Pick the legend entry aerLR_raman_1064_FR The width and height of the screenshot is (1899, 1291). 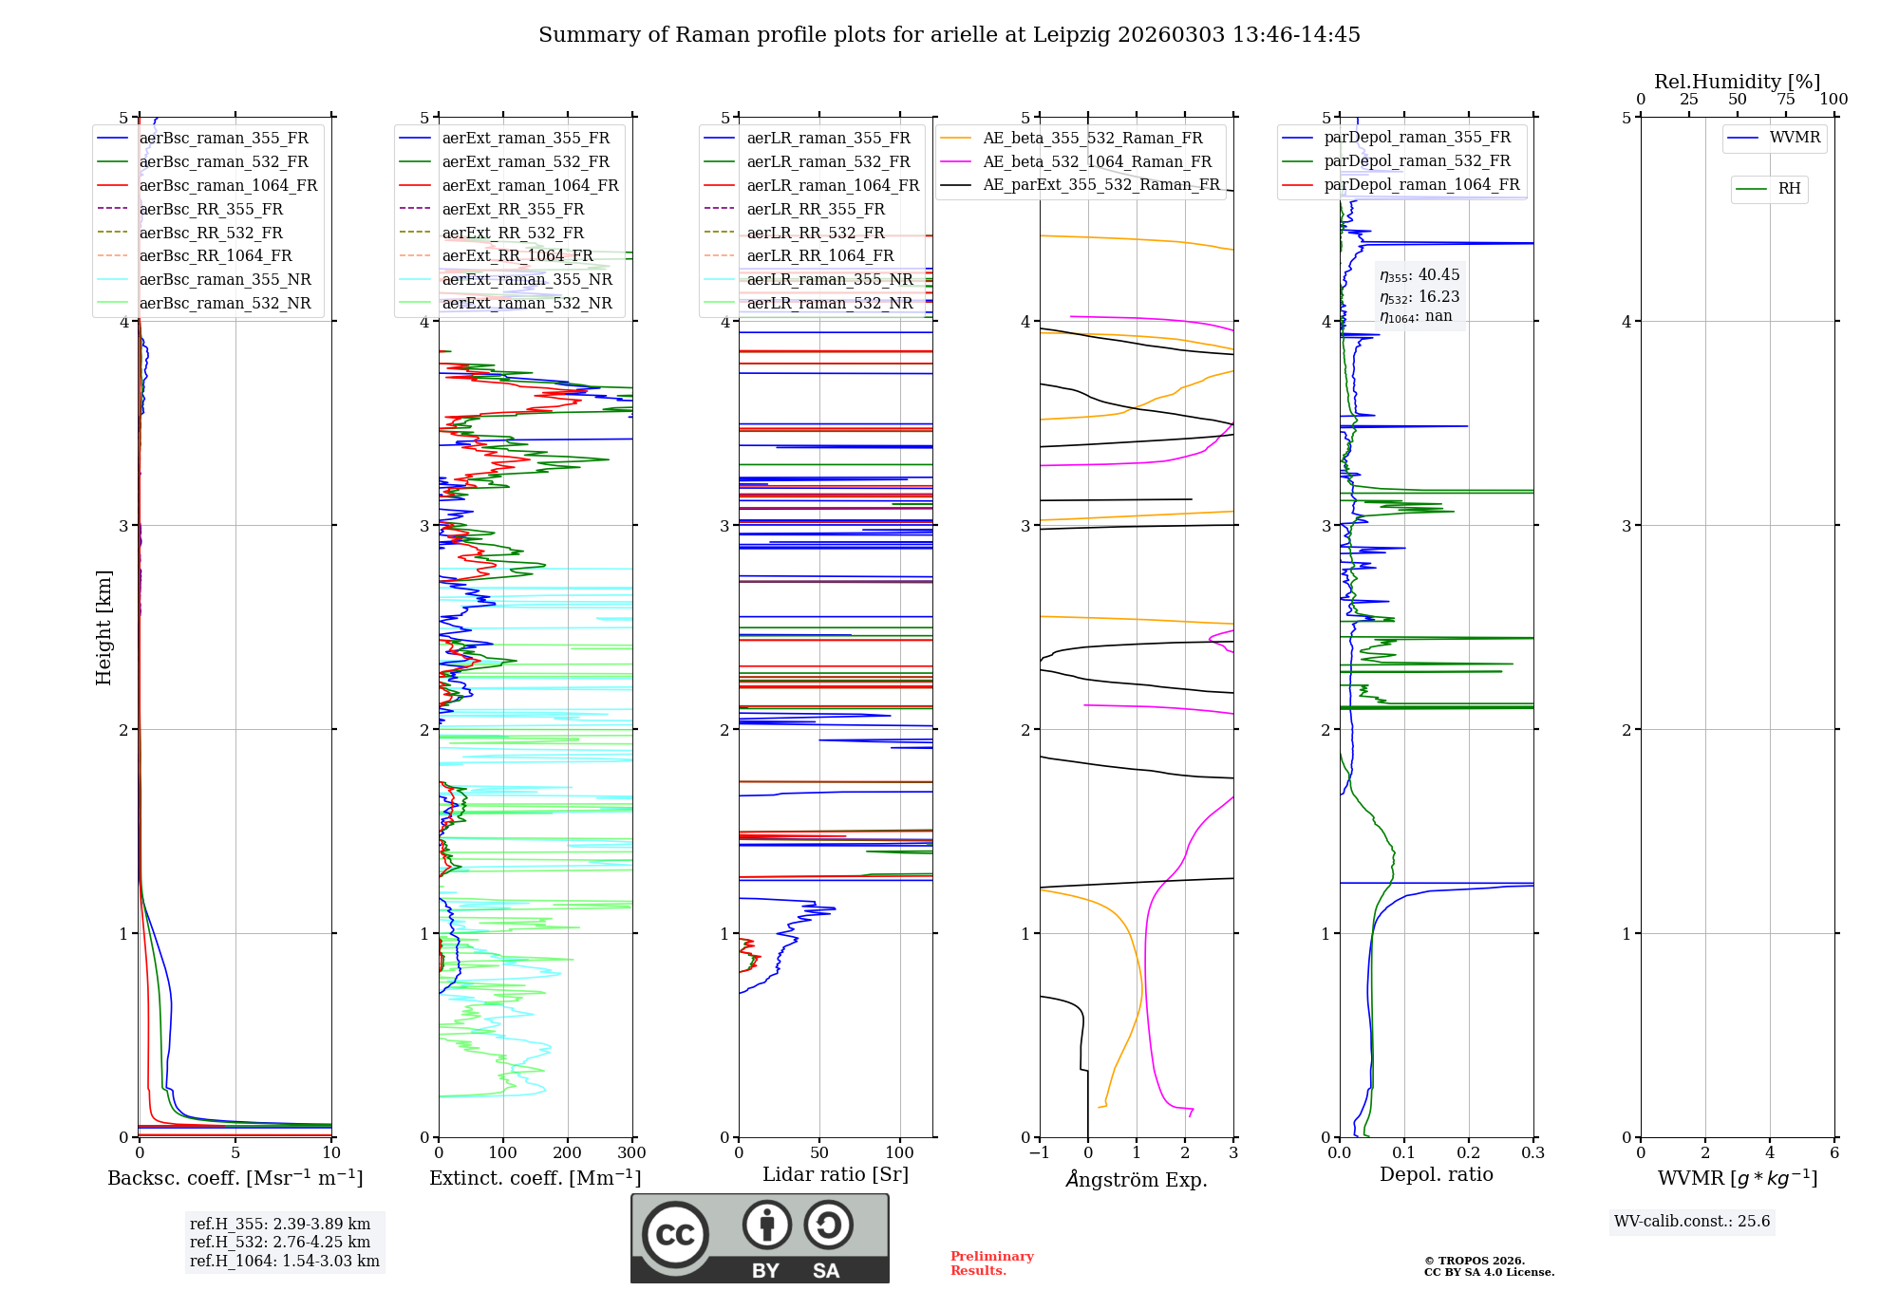833,186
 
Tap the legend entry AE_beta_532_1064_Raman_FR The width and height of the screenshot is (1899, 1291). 1097,162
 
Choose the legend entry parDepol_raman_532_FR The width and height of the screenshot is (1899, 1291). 1417,161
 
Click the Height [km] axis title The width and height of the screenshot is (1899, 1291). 103,627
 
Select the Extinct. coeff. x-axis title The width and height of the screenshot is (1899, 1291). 536,1178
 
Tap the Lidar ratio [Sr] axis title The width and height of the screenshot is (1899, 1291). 836,1174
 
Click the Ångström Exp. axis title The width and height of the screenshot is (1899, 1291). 1137,1179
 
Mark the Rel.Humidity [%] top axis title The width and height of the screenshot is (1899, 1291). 1737,82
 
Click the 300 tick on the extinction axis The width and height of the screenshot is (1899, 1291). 632,1153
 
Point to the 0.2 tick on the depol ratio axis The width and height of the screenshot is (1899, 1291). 1469,1153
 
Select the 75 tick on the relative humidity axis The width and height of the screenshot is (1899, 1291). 1786,100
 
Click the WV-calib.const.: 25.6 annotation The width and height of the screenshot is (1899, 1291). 1692,1222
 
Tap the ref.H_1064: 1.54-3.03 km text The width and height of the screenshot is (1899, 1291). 285,1262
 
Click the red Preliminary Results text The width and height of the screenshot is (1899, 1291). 991,1263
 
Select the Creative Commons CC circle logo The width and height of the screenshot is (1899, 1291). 675,1235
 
